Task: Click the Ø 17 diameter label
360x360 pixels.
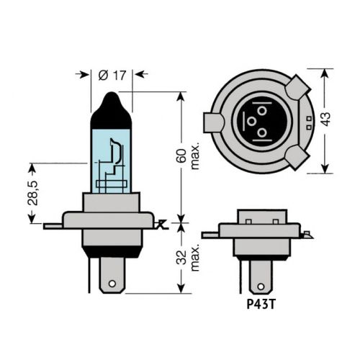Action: coord(112,73)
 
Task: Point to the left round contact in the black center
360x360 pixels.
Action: coord(253,122)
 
